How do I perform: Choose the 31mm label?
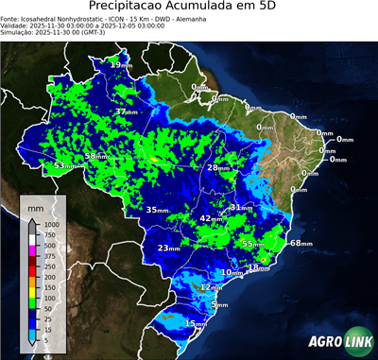coord(242,207)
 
